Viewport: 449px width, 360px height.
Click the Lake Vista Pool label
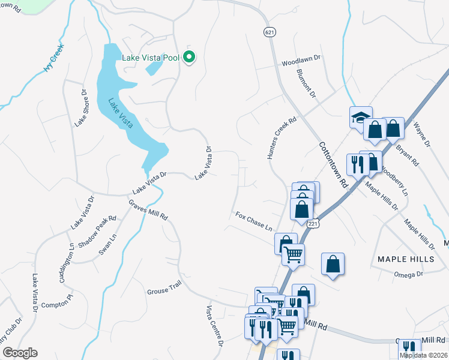pos(151,58)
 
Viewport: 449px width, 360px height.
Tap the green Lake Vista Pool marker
pos(189,58)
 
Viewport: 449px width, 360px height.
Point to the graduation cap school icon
pos(361,117)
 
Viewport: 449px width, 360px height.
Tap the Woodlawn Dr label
pos(302,62)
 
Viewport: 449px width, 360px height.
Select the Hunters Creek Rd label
pos(282,138)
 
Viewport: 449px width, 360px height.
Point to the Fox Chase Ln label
pos(254,221)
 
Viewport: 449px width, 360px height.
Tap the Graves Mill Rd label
pos(148,211)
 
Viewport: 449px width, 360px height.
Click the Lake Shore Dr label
pos(81,109)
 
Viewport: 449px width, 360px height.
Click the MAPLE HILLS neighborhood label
pos(405,259)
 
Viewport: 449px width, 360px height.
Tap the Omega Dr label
pos(409,274)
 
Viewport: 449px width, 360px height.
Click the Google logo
pos(20,353)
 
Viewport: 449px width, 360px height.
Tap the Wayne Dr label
pos(422,136)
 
